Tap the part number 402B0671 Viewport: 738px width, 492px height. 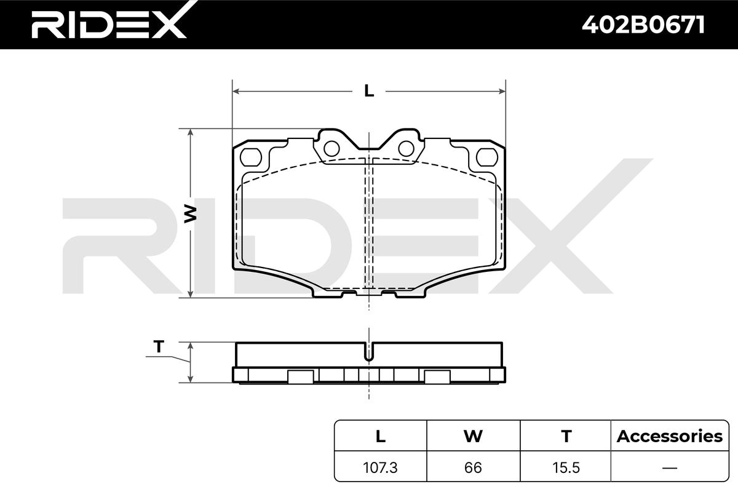coord(643,25)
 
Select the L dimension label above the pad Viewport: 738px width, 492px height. coord(369,90)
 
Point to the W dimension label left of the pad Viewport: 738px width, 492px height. coord(190,213)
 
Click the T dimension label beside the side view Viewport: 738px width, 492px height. coord(159,346)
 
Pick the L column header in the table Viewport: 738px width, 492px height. coord(381,436)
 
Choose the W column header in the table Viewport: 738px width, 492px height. coord(473,436)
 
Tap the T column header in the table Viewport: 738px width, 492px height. coord(566,436)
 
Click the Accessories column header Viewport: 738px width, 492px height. coord(670,436)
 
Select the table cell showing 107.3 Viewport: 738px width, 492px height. coord(380,467)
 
